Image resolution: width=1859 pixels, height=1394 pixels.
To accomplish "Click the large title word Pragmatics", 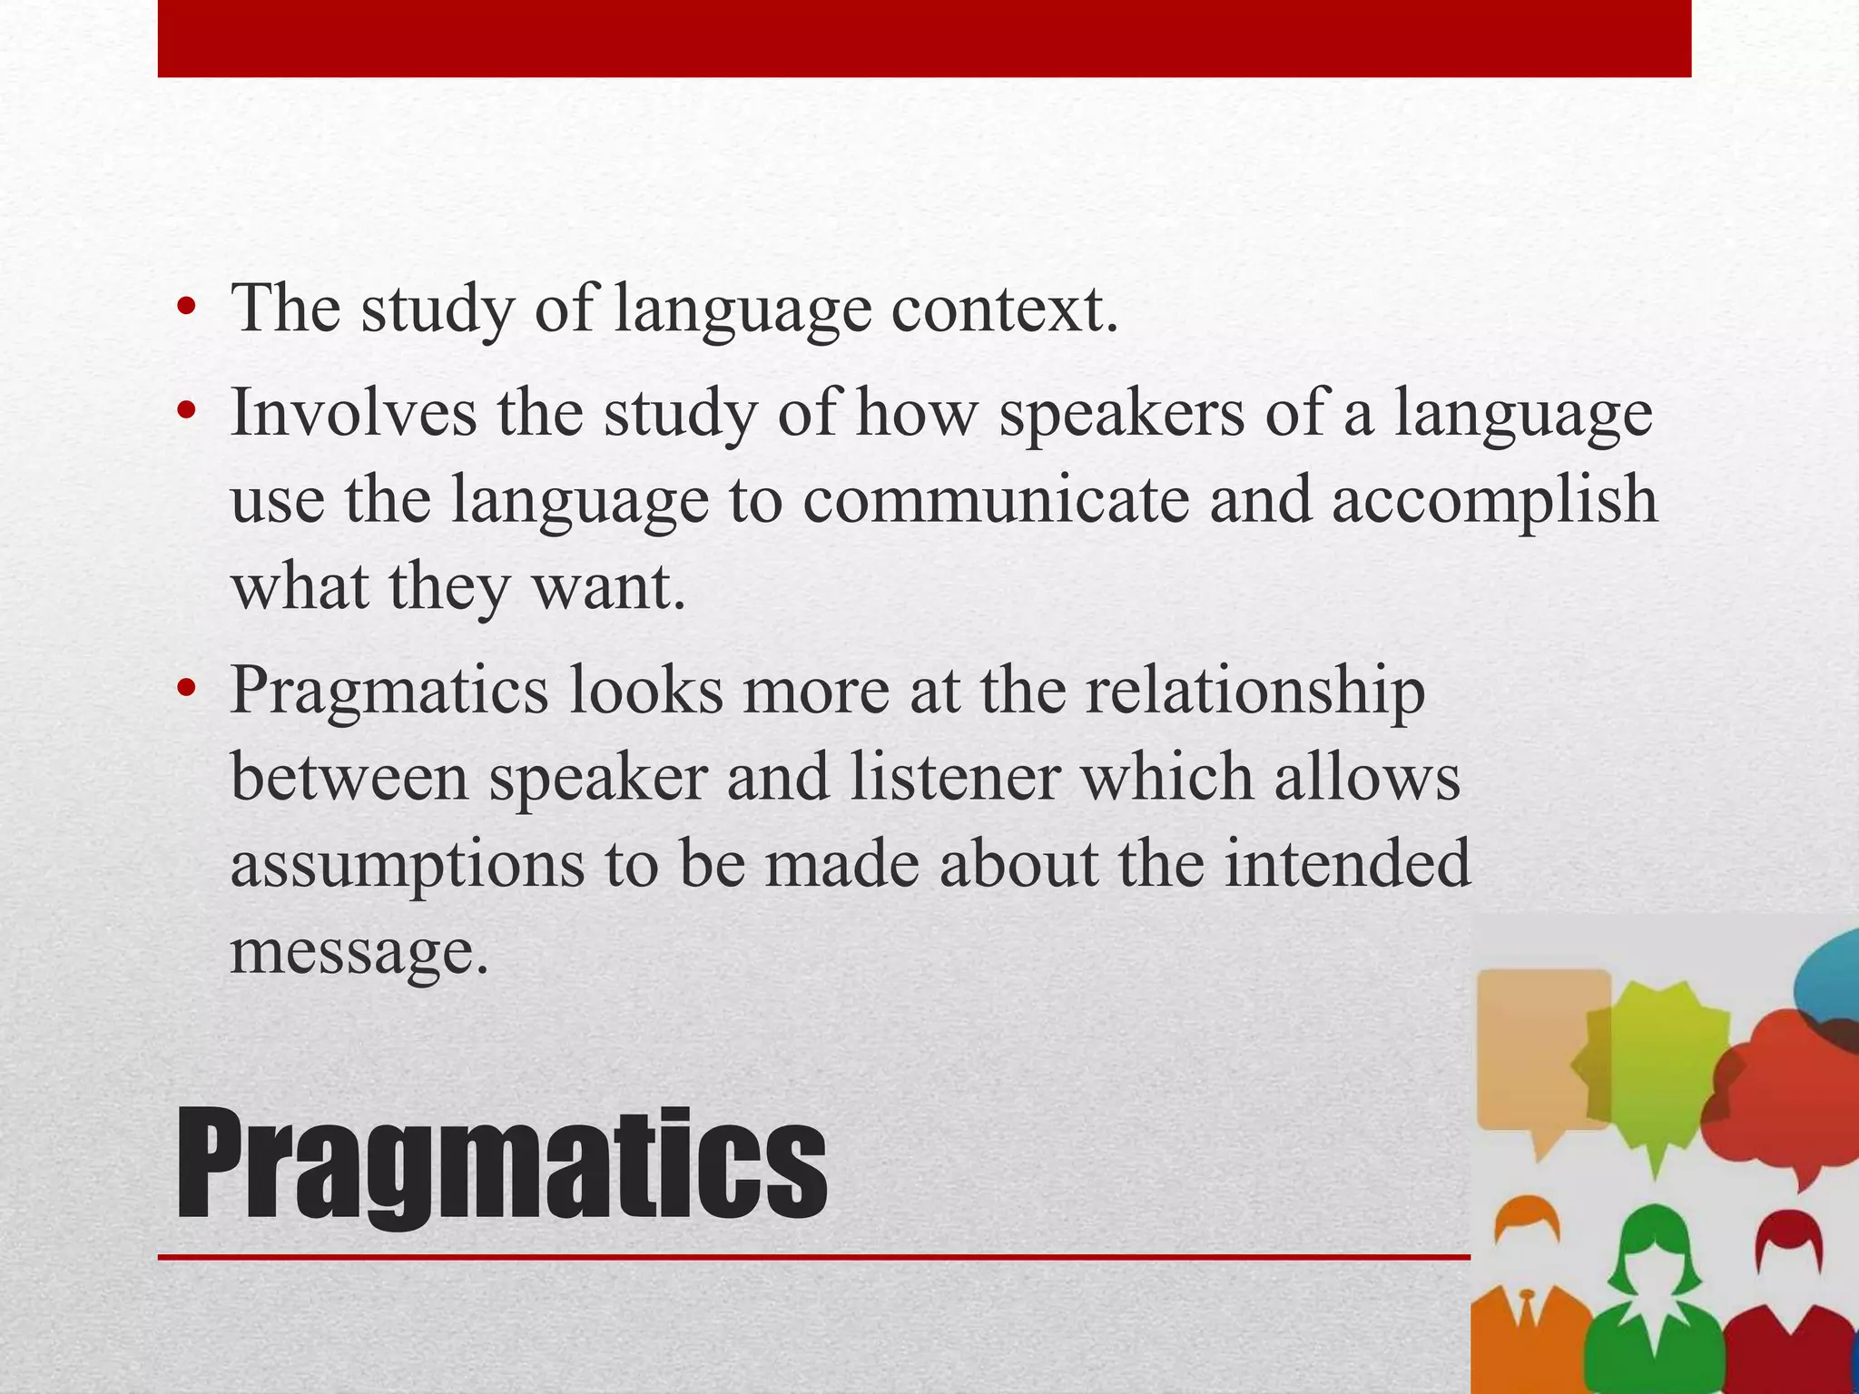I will click(x=501, y=1165).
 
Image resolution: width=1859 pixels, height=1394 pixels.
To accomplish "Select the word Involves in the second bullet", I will click(x=354, y=413).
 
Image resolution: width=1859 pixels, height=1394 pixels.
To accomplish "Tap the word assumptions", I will click(x=408, y=865).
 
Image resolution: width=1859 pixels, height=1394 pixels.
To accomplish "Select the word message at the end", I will click(x=359, y=953).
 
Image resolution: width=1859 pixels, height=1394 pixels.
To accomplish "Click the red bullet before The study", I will click(x=187, y=309).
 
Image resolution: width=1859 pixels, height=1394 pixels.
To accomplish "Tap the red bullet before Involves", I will click(x=187, y=414).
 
